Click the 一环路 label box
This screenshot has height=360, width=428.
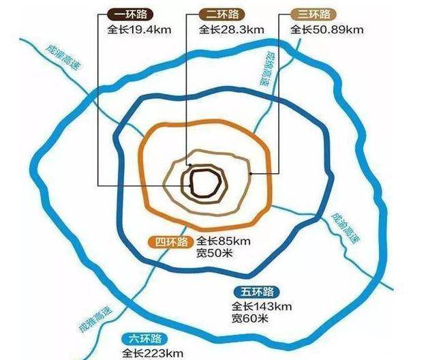130,14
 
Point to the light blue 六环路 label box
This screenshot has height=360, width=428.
144,339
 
